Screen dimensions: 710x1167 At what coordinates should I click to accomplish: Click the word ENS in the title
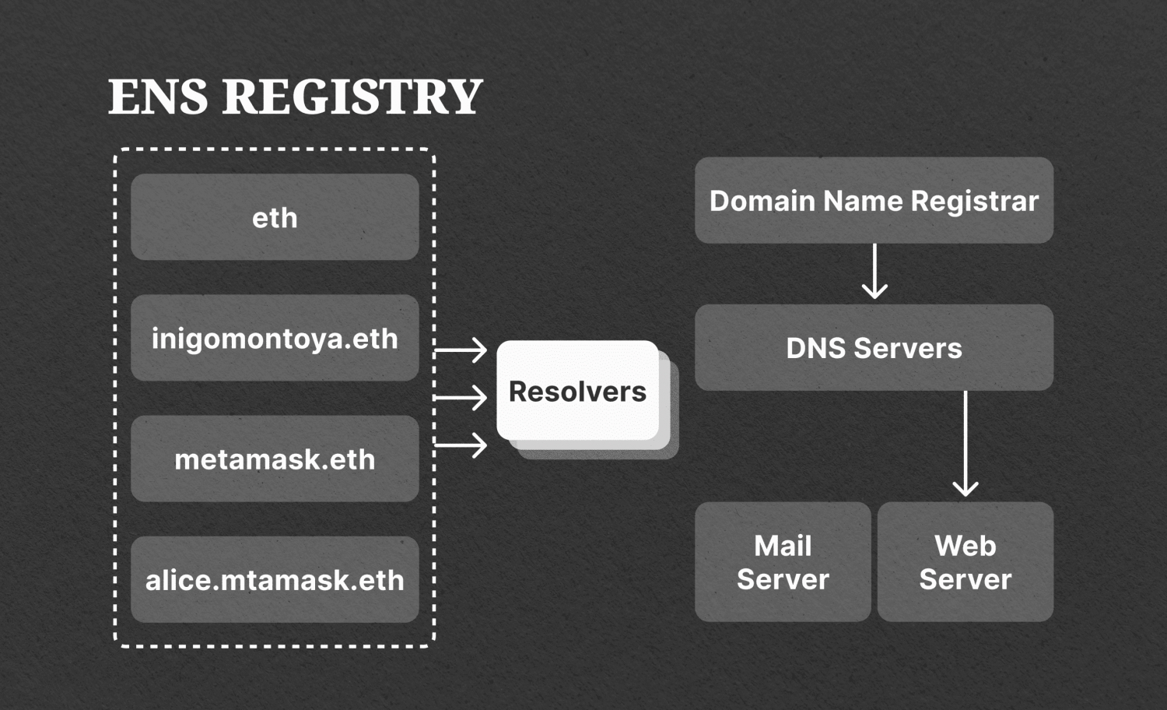point(158,97)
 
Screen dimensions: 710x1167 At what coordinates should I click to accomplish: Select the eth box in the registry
point(275,217)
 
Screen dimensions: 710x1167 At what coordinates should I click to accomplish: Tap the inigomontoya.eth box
point(275,338)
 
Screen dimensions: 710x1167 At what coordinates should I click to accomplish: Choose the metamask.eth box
point(275,459)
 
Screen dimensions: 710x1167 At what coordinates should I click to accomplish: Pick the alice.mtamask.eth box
point(275,579)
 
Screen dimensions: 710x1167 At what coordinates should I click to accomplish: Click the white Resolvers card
point(577,391)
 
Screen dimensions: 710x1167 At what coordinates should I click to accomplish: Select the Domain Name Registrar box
point(874,201)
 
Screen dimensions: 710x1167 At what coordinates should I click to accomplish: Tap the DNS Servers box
point(874,348)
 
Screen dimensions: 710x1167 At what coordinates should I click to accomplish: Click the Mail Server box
point(783,562)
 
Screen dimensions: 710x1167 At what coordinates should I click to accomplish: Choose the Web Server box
point(965,562)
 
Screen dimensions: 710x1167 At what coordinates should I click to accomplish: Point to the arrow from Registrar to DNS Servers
point(874,271)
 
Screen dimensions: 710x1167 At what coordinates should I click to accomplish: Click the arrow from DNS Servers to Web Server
point(965,444)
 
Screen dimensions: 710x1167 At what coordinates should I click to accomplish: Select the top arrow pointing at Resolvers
point(461,350)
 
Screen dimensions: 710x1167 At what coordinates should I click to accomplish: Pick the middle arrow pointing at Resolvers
point(461,398)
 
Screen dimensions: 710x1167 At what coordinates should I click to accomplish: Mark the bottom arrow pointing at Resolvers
point(461,445)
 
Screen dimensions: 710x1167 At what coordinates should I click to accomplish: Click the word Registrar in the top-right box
point(974,202)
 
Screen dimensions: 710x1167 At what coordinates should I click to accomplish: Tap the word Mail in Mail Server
point(783,546)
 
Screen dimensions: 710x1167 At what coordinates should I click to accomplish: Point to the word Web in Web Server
point(965,546)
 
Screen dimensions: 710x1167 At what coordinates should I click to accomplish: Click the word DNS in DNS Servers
point(815,348)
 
